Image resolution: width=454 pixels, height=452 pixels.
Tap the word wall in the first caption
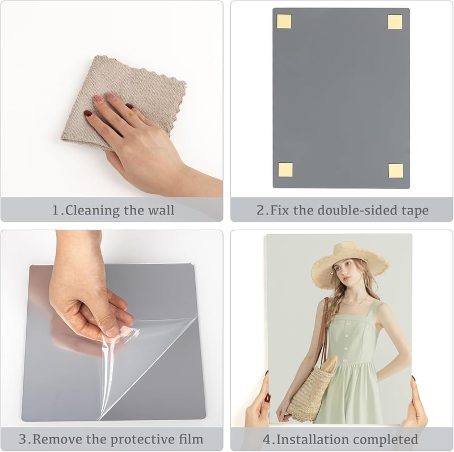pos(161,210)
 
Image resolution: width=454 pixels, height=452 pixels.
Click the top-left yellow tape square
pos(284,22)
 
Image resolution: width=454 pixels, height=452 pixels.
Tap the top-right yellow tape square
pos(395,22)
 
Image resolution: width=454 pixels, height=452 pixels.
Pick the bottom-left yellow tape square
pos(285,170)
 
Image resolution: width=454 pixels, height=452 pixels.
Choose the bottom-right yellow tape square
pos(396,171)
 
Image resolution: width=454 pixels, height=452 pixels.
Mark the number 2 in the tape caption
pos(260,210)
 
